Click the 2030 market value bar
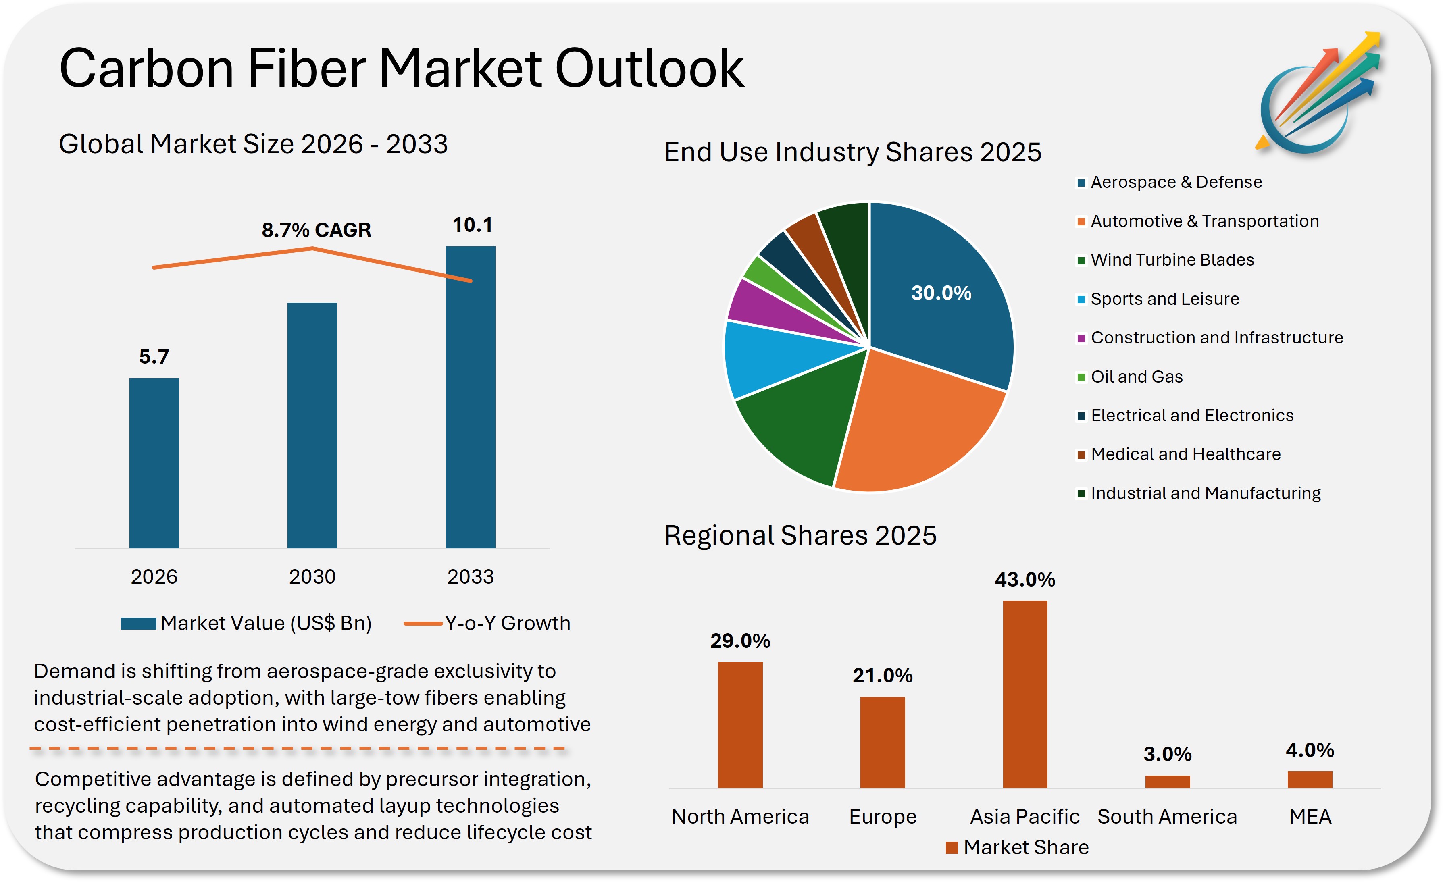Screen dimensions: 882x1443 click(x=312, y=426)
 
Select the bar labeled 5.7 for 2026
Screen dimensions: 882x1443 click(x=154, y=463)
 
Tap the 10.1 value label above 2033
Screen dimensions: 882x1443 click(x=472, y=225)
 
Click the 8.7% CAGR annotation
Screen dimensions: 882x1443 click(x=316, y=230)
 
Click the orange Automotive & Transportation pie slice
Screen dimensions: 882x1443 click(x=919, y=428)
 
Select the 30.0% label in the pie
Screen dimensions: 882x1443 click(x=941, y=293)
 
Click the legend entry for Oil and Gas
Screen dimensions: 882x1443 click(x=1136, y=377)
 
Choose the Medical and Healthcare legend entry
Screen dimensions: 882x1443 click(x=1185, y=454)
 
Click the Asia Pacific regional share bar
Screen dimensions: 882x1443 click(x=1025, y=694)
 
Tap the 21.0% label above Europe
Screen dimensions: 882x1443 click(x=883, y=676)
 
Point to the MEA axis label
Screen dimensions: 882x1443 click(x=1310, y=816)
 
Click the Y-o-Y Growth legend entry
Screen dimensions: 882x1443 click(x=506, y=623)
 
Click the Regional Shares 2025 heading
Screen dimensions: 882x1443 click(x=800, y=535)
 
